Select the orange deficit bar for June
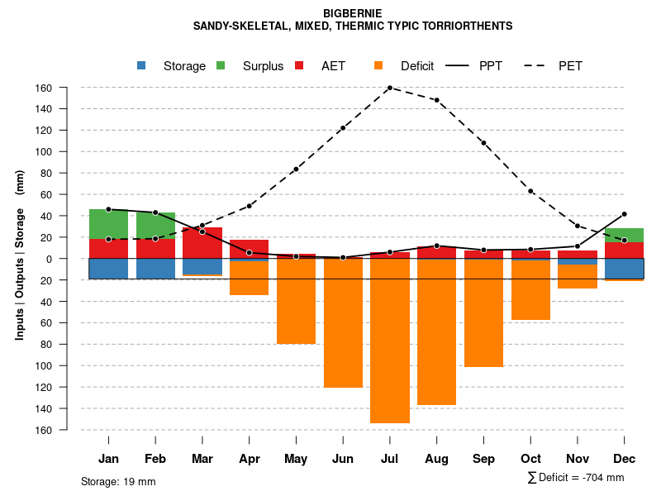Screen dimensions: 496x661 (343, 322)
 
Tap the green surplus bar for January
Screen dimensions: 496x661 (108, 224)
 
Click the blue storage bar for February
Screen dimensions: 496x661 (155, 269)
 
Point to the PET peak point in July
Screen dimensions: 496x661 (390, 88)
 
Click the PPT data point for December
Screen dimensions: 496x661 (625, 214)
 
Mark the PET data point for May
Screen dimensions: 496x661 (296, 169)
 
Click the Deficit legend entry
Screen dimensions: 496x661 (404, 66)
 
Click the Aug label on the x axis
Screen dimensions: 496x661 (437, 459)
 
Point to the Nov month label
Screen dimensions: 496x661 (578, 459)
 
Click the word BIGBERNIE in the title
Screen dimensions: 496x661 (353, 13)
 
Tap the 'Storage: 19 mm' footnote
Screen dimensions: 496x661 (118, 481)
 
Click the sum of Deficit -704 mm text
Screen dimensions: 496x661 (576, 478)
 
